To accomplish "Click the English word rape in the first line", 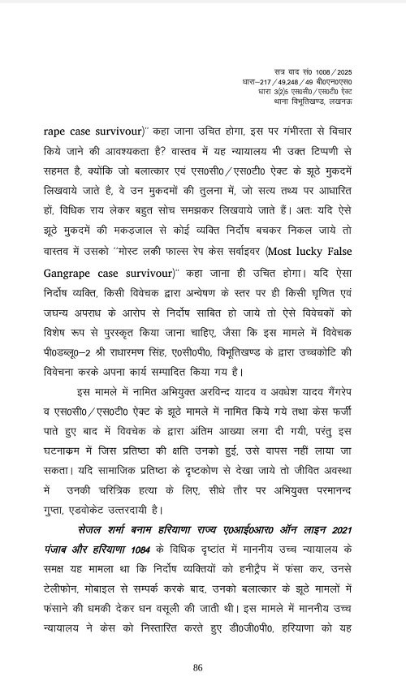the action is tap(42, 128).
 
